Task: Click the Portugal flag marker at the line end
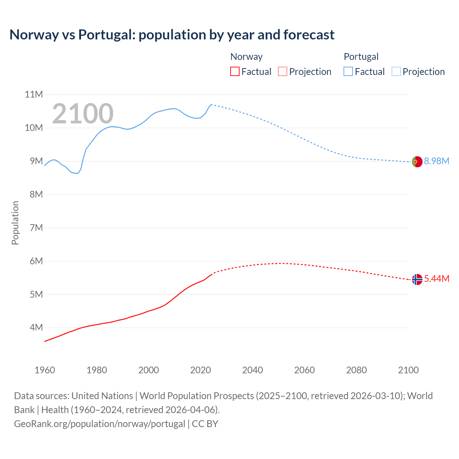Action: coord(417,162)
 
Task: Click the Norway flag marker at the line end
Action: coord(417,279)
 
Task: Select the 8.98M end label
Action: coord(436,161)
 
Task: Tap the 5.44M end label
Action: coord(436,279)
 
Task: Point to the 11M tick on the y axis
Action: coord(34,95)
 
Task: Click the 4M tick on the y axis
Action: coord(36,327)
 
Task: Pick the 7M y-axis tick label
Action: coord(36,228)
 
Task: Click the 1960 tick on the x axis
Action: coord(45,370)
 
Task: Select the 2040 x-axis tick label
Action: coord(252,370)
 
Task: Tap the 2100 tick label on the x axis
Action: coord(408,370)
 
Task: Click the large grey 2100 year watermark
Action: coord(83,114)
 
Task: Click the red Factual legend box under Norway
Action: coord(235,71)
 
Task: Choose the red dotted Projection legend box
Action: coord(283,71)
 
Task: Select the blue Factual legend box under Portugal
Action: coord(348,71)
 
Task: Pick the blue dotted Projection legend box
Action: coord(396,71)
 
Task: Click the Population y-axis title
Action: coord(15,223)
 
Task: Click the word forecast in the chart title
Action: coord(309,35)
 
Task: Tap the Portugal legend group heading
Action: coord(361,57)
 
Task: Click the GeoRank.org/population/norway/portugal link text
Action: coord(99,424)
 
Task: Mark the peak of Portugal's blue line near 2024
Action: coord(211,104)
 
